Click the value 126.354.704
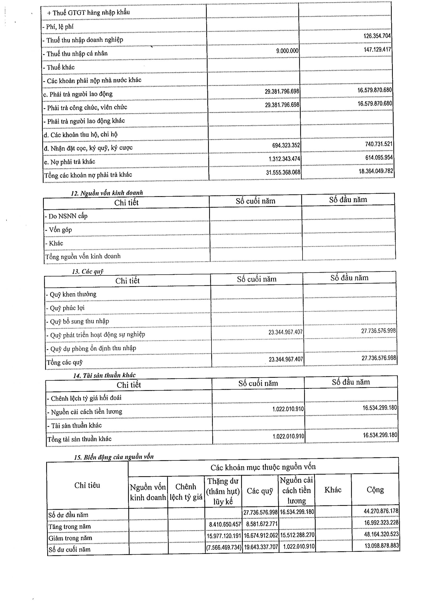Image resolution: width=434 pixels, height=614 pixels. [377, 36]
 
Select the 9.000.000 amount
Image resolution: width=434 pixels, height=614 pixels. [287, 51]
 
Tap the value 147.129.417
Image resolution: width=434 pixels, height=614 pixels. [377, 49]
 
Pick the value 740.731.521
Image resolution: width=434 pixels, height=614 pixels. [379, 144]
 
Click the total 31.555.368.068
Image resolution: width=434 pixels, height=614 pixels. [283, 172]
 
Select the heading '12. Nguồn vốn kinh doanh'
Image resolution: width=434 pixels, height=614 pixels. [107, 193]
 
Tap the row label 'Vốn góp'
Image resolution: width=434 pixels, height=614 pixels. [60, 230]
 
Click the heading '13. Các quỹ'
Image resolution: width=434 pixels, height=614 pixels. [88, 272]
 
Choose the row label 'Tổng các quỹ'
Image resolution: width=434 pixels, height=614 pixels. [65, 362]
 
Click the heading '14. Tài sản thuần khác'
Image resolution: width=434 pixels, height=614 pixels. [104, 375]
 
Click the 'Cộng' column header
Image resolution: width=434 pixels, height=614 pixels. [375, 489]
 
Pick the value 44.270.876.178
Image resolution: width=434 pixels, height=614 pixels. [381, 511]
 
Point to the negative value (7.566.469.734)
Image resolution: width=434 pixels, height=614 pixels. [223, 547]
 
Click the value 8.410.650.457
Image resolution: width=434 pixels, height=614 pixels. [225, 524]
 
